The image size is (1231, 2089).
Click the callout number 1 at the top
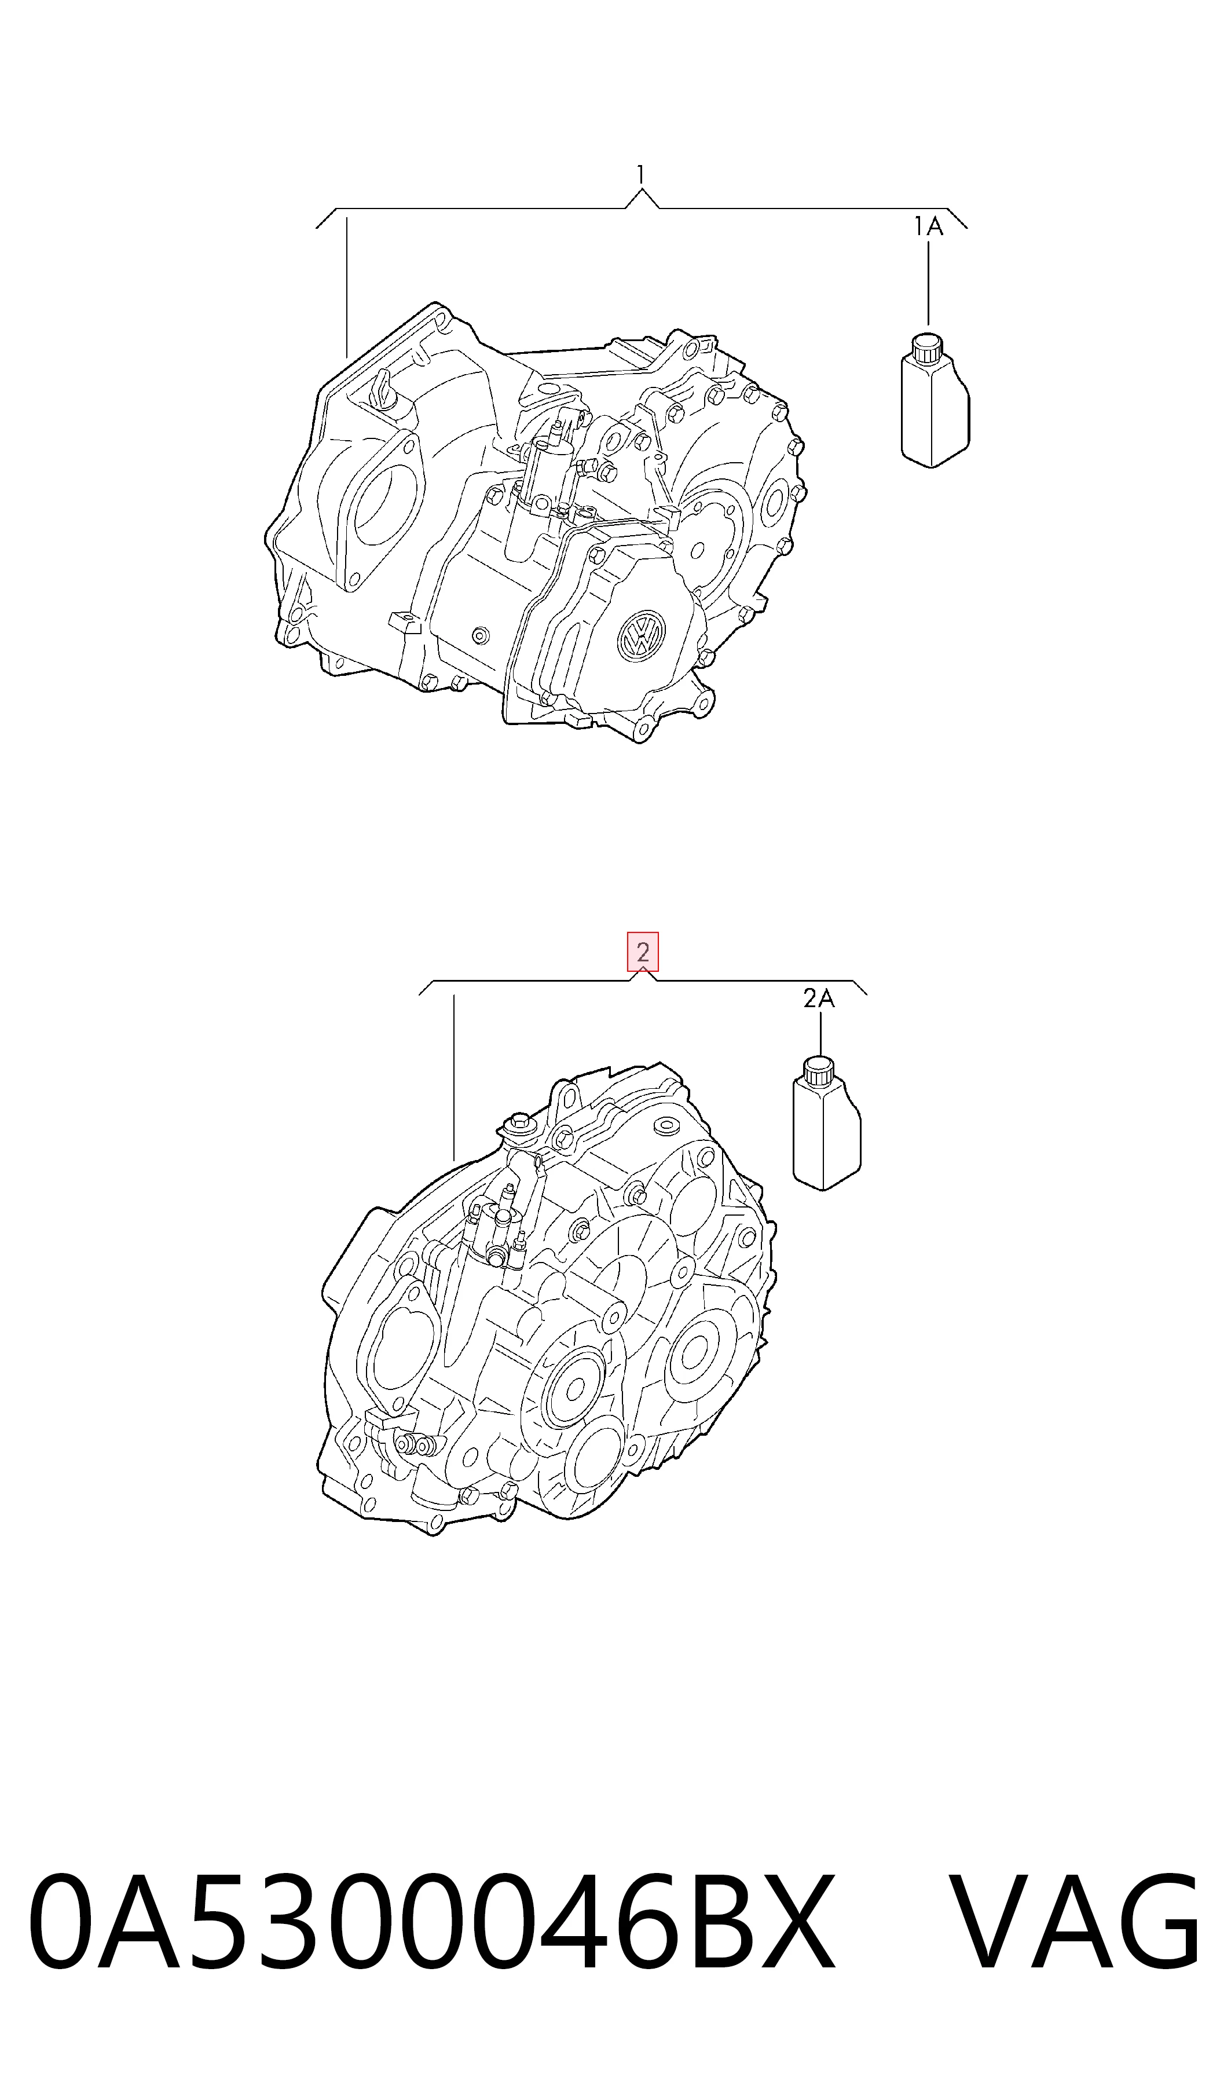640,174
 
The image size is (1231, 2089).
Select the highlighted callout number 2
643,952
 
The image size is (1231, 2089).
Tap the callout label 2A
819,999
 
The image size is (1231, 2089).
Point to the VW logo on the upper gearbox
641,636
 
